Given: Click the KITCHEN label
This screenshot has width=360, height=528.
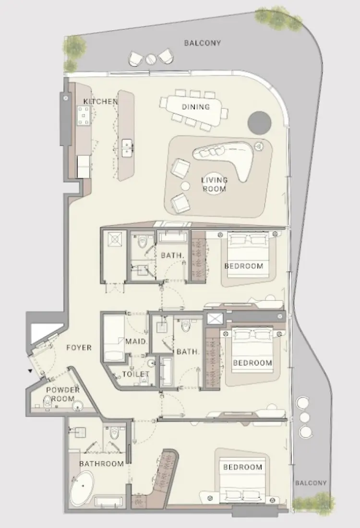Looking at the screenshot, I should pos(100,102).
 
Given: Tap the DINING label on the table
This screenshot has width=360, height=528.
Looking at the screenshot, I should pos(196,107).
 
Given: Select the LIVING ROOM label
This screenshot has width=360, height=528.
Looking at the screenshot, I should pos(215,184).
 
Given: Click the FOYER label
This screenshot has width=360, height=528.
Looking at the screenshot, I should pos(79,348).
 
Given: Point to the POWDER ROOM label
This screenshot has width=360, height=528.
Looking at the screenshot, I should pos(63,394).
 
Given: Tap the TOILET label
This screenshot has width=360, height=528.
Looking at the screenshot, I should pos(135,374).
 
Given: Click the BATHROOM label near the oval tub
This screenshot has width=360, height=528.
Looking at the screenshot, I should pos(101,464).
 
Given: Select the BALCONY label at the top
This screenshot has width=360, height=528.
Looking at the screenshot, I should pos(203,43).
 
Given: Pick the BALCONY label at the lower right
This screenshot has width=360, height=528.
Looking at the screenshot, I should pos(311,483).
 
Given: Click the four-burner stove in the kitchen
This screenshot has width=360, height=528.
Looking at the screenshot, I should pos(84,116).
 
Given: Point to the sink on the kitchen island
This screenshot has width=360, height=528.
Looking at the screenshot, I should pos(127,147).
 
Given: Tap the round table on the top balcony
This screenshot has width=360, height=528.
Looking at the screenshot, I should pos(151,59).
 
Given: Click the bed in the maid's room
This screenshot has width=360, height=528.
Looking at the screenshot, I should pos(114,338).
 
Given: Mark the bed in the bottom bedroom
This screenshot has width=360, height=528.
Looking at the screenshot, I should pos(242,480).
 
